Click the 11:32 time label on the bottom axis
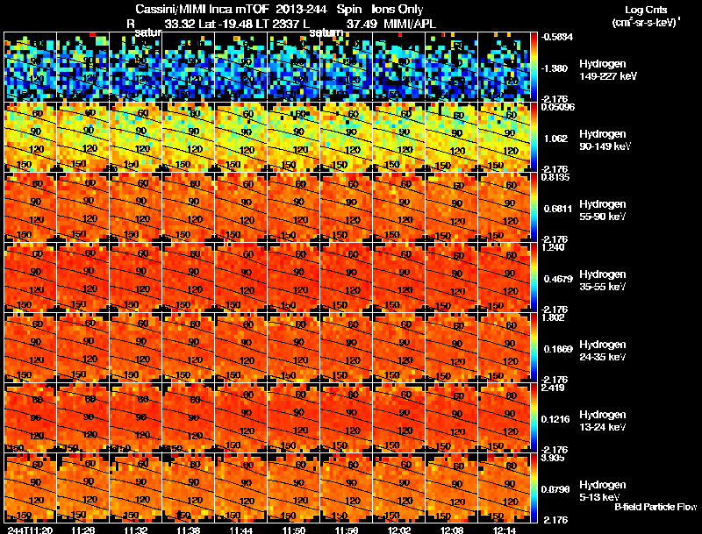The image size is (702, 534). click(136, 529)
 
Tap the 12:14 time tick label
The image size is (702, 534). click(505, 529)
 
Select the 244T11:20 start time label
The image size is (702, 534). click(30, 529)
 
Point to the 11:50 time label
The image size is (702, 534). click(294, 529)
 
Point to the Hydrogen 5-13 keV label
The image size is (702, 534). click(603, 490)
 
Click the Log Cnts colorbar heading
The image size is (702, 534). click(645, 9)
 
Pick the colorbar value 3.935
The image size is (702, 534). click(554, 459)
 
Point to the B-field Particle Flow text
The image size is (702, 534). click(655, 507)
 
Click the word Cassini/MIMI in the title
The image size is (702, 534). click(167, 10)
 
